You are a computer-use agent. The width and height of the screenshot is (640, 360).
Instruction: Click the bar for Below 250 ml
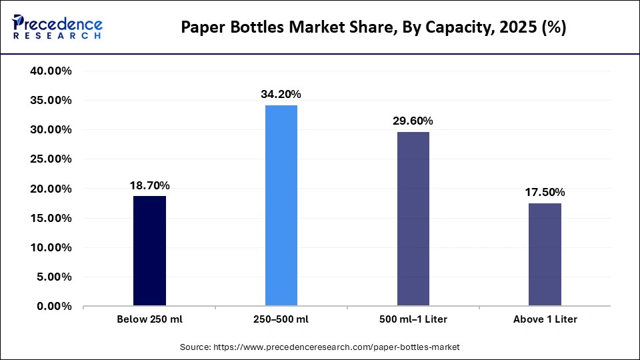coord(149,251)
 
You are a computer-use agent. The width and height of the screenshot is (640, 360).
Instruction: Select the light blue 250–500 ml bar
coord(281,205)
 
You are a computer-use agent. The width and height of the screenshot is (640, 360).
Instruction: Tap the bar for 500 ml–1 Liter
coord(413,219)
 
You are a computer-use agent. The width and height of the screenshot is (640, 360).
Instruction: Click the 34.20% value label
coord(281,95)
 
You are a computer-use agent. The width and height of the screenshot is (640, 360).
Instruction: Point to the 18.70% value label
coord(149,185)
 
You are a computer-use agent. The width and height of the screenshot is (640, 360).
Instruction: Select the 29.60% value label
coord(413,121)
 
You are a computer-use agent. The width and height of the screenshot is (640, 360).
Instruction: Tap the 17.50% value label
coord(545,193)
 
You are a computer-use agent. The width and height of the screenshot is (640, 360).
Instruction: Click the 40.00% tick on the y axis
coord(51,71)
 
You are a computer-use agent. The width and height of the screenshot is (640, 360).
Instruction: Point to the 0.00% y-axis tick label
coord(54,307)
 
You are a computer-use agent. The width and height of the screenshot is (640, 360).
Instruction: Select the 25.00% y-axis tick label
coord(51,159)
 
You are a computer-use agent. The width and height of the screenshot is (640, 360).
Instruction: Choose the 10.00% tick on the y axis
coord(51,247)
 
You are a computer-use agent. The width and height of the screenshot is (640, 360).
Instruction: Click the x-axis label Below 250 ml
coord(149,319)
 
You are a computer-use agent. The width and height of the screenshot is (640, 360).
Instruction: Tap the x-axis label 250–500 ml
coord(281,319)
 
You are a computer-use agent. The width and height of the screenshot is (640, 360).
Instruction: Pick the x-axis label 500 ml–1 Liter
coord(413,319)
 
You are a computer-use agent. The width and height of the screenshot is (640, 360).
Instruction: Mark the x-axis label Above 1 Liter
coord(545,319)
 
